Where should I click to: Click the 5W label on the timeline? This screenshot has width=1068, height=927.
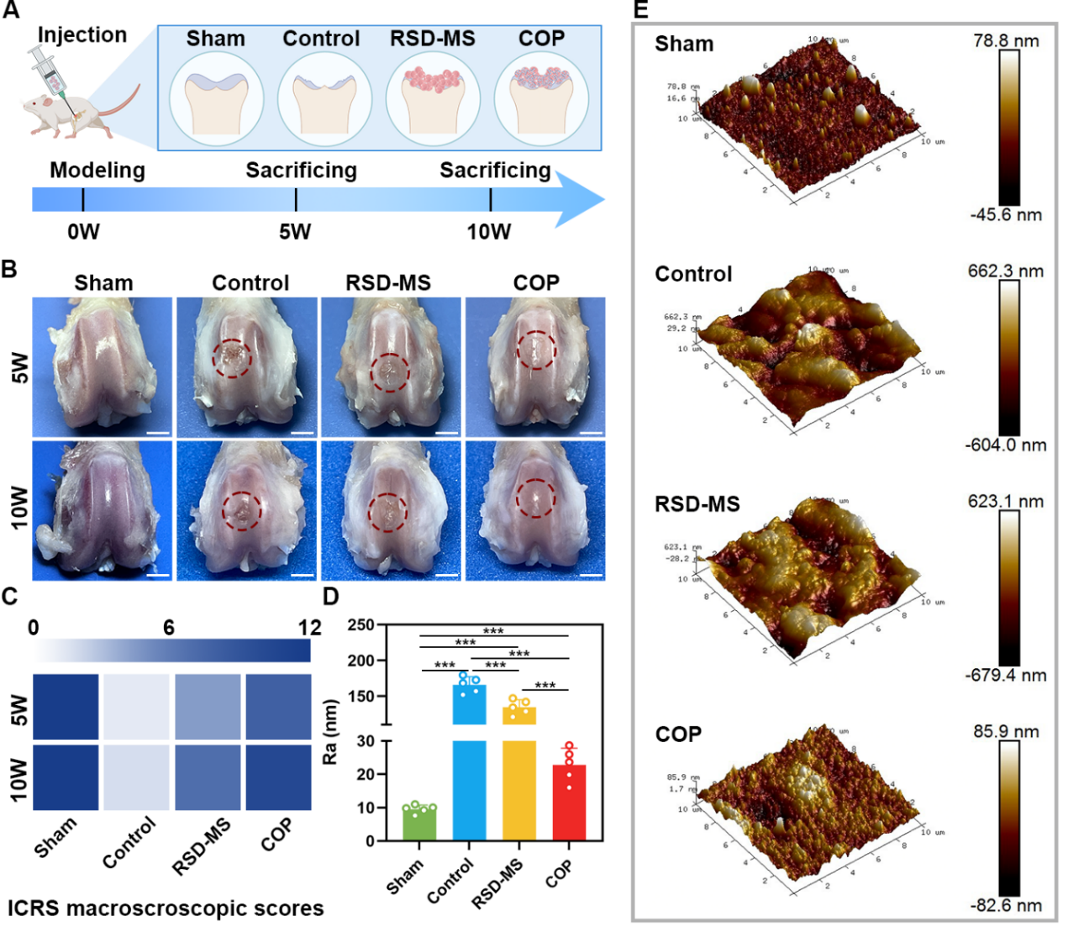tap(295, 232)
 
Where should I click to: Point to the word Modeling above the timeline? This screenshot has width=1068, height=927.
tap(97, 171)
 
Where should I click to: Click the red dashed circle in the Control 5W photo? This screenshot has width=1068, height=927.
tap(232, 359)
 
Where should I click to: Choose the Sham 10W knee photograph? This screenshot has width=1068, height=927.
tap(103, 510)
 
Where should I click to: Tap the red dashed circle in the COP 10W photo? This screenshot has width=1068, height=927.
tap(536, 498)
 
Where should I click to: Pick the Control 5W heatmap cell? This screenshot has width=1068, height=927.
tap(135, 706)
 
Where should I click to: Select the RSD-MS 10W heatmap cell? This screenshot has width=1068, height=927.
tap(208, 777)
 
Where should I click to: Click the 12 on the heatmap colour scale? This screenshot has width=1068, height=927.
tap(309, 628)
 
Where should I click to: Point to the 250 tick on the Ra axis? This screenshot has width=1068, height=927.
tap(360, 625)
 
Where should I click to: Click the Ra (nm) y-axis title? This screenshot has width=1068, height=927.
tap(330, 731)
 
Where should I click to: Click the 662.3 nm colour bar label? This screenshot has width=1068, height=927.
tap(1006, 271)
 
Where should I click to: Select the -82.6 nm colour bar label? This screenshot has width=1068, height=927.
tap(1006, 906)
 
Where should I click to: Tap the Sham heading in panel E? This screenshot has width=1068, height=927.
tap(684, 45)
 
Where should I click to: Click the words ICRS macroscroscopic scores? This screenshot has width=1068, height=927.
tap(166, 909)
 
